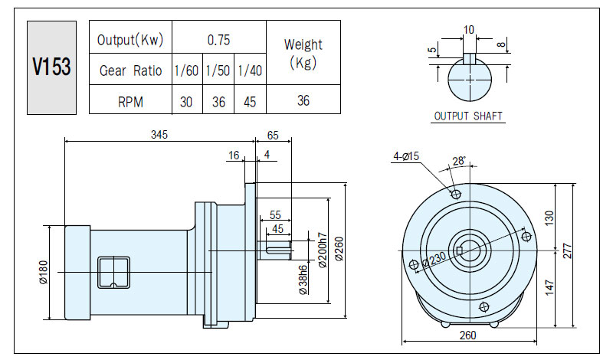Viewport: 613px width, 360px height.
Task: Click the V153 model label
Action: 51,67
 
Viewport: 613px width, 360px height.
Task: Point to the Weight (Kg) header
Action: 303,54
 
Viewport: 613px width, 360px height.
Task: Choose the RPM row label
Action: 130,102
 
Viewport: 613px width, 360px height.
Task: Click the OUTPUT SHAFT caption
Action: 468,116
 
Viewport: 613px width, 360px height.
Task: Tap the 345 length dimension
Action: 159,135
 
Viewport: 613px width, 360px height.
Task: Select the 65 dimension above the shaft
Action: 273,136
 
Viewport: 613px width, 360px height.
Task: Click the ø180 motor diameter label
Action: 43,272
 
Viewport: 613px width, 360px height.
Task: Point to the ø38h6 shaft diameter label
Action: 303,280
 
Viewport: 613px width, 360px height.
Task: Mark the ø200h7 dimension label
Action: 323,250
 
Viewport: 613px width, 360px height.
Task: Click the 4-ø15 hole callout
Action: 406,156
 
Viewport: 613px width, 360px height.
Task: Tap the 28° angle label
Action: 459,161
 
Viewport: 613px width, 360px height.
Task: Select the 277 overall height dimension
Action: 568,250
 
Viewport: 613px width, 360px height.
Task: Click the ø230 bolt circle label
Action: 434,259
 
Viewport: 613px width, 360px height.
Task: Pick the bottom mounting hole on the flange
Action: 484,307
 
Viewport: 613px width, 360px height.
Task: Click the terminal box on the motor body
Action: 113,273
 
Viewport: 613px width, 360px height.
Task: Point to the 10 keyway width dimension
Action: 469,30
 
